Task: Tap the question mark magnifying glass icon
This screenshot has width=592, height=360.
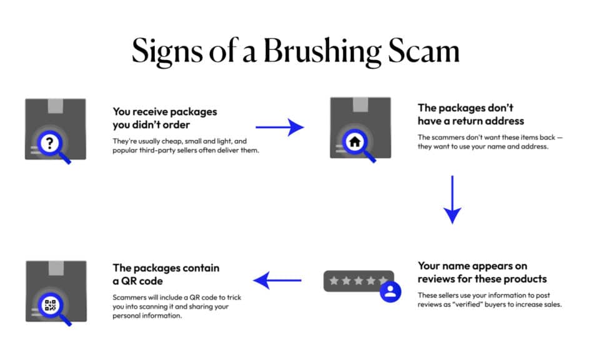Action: click(49, 143)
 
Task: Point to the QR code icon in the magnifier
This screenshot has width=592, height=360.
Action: click(51, 306)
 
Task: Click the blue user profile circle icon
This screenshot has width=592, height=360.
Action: click(391, 292)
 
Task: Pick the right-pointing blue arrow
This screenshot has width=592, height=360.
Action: click(279, 127)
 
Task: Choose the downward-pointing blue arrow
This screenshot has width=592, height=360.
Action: click(452, 199)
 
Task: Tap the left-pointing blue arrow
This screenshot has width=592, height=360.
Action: click(278, 281)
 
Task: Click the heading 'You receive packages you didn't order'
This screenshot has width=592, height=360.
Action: click(165, 117)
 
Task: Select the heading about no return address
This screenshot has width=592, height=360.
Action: click(471, 114)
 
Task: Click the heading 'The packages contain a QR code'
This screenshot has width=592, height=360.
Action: click(166, 274)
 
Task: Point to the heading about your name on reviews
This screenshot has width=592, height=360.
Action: click(481, 272)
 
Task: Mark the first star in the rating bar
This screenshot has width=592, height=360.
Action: click(334, 281)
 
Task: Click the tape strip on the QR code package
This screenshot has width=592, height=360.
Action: click(56, 267)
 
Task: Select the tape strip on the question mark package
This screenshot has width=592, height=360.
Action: click(56, 105)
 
